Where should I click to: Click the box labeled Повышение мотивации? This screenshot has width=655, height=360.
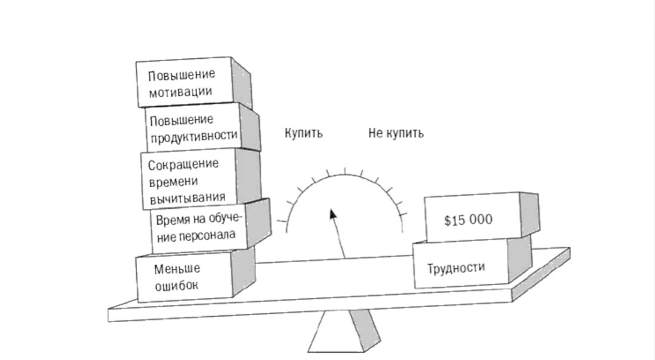point(184,83)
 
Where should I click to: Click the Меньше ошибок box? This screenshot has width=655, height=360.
point(183,277)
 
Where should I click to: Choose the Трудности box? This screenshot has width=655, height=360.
point(459,266)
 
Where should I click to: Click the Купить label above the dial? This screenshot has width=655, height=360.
point(303,133)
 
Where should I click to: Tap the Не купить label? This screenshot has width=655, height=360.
point(396,133)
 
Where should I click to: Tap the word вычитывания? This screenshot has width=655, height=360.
point(187,197)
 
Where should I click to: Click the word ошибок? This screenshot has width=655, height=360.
point(176,285)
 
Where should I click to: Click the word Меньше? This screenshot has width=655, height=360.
point(177,268)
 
